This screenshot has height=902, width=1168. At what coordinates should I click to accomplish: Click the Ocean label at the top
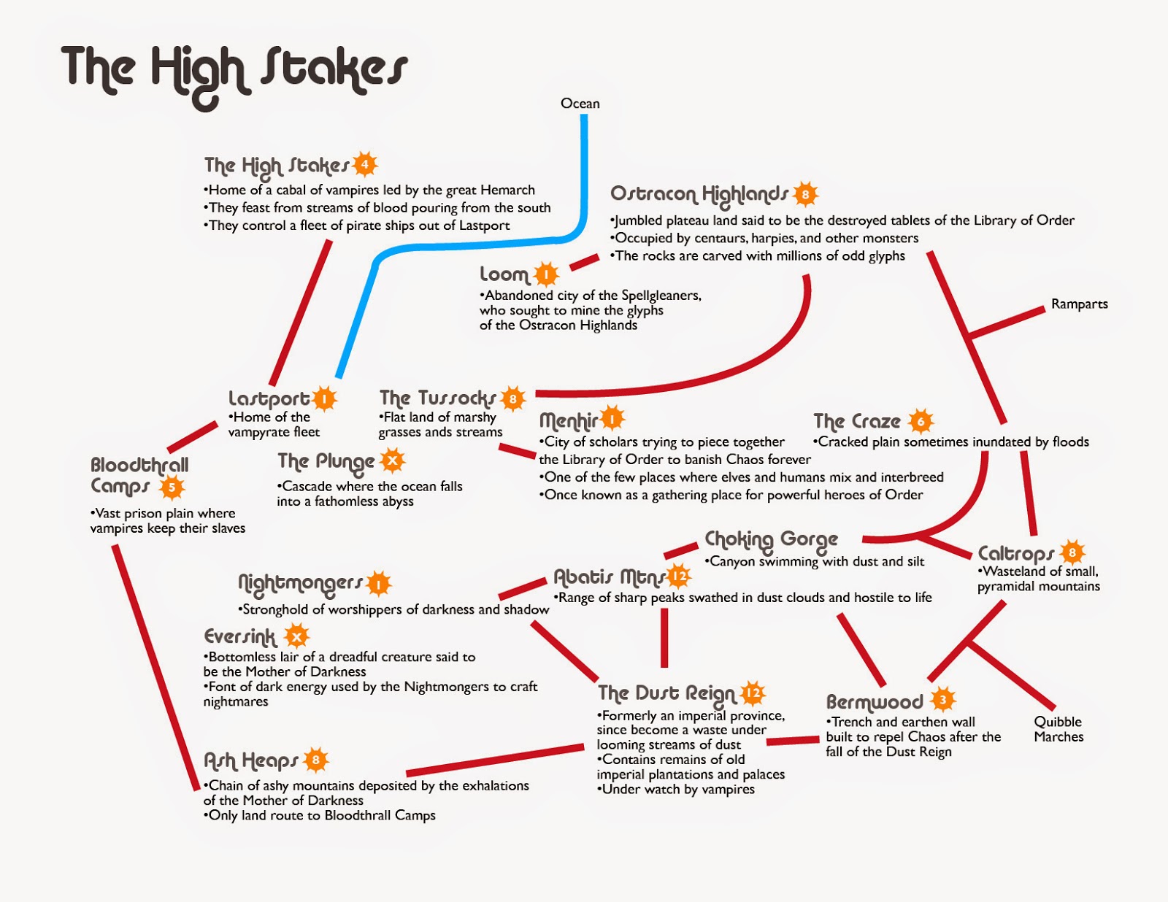tap(580, 104)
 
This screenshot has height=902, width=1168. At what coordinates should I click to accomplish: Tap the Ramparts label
tap(1079, 304)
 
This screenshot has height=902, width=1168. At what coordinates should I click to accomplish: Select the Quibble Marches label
tap(1058, 729)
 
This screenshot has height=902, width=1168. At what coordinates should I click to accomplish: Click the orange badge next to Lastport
tap(323, 398)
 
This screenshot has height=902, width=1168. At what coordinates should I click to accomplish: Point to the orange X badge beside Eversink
tap(296, 636)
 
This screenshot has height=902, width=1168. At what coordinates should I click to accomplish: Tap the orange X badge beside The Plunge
tap(393, 460)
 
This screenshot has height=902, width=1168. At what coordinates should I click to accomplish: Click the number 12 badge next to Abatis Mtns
tap(679, 577)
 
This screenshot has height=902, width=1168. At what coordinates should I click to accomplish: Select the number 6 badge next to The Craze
tap(921, 421)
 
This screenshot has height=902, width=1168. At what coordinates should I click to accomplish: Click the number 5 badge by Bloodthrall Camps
tap(172, 487)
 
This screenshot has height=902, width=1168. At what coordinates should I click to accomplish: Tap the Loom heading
tap(504, 275)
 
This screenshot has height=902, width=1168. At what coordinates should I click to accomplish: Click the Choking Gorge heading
tap(771, 540)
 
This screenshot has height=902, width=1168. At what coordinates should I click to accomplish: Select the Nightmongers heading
tap(300, 583)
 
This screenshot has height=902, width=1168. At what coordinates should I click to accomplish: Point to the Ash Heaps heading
tap(250, 761)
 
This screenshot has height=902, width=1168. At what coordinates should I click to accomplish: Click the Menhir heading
tap(568, 420)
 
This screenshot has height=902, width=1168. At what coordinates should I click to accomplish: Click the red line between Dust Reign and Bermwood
tap(792, 741)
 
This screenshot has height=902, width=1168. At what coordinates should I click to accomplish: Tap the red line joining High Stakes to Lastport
tap(299, 314)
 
